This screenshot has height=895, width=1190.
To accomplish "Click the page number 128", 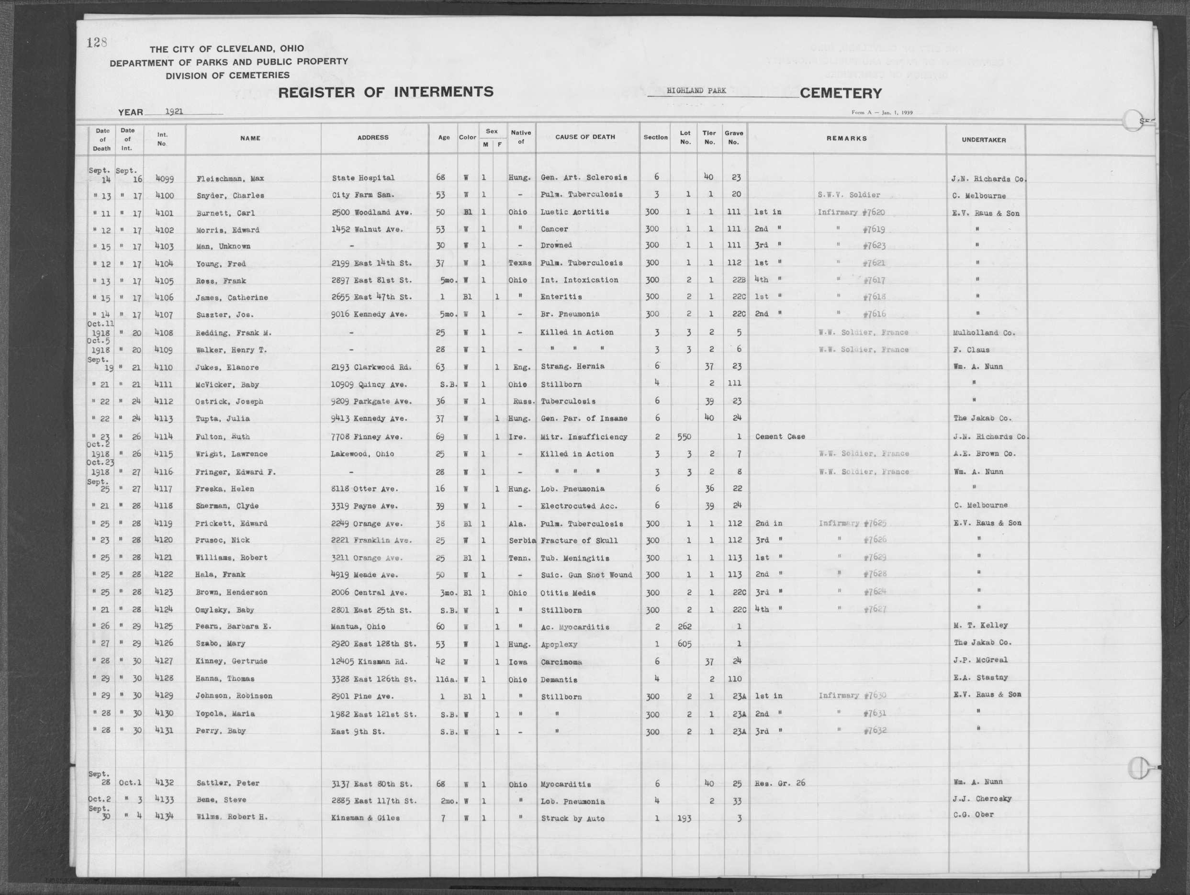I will [x=97, y=43].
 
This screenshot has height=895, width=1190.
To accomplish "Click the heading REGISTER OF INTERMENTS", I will [x=385, y=92].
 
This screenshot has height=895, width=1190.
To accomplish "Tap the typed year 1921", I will [x=174, y=112].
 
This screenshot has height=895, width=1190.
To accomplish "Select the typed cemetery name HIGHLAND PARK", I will [x=696, y=90].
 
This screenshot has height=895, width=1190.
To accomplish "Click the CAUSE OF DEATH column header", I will [x=585, y=137].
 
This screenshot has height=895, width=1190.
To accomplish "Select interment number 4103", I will [x=164, y=246].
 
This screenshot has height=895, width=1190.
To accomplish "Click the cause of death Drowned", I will [x=556, y=245].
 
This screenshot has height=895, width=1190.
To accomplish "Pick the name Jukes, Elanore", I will [x=227, y=368].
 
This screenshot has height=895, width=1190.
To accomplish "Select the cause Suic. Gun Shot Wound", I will [x=586, y=575].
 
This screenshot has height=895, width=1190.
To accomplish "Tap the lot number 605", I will [x=685, y=643].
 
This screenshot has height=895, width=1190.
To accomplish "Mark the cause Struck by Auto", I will [x=573, y=818].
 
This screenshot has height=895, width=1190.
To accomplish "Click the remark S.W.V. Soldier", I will [x=848, y=195].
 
